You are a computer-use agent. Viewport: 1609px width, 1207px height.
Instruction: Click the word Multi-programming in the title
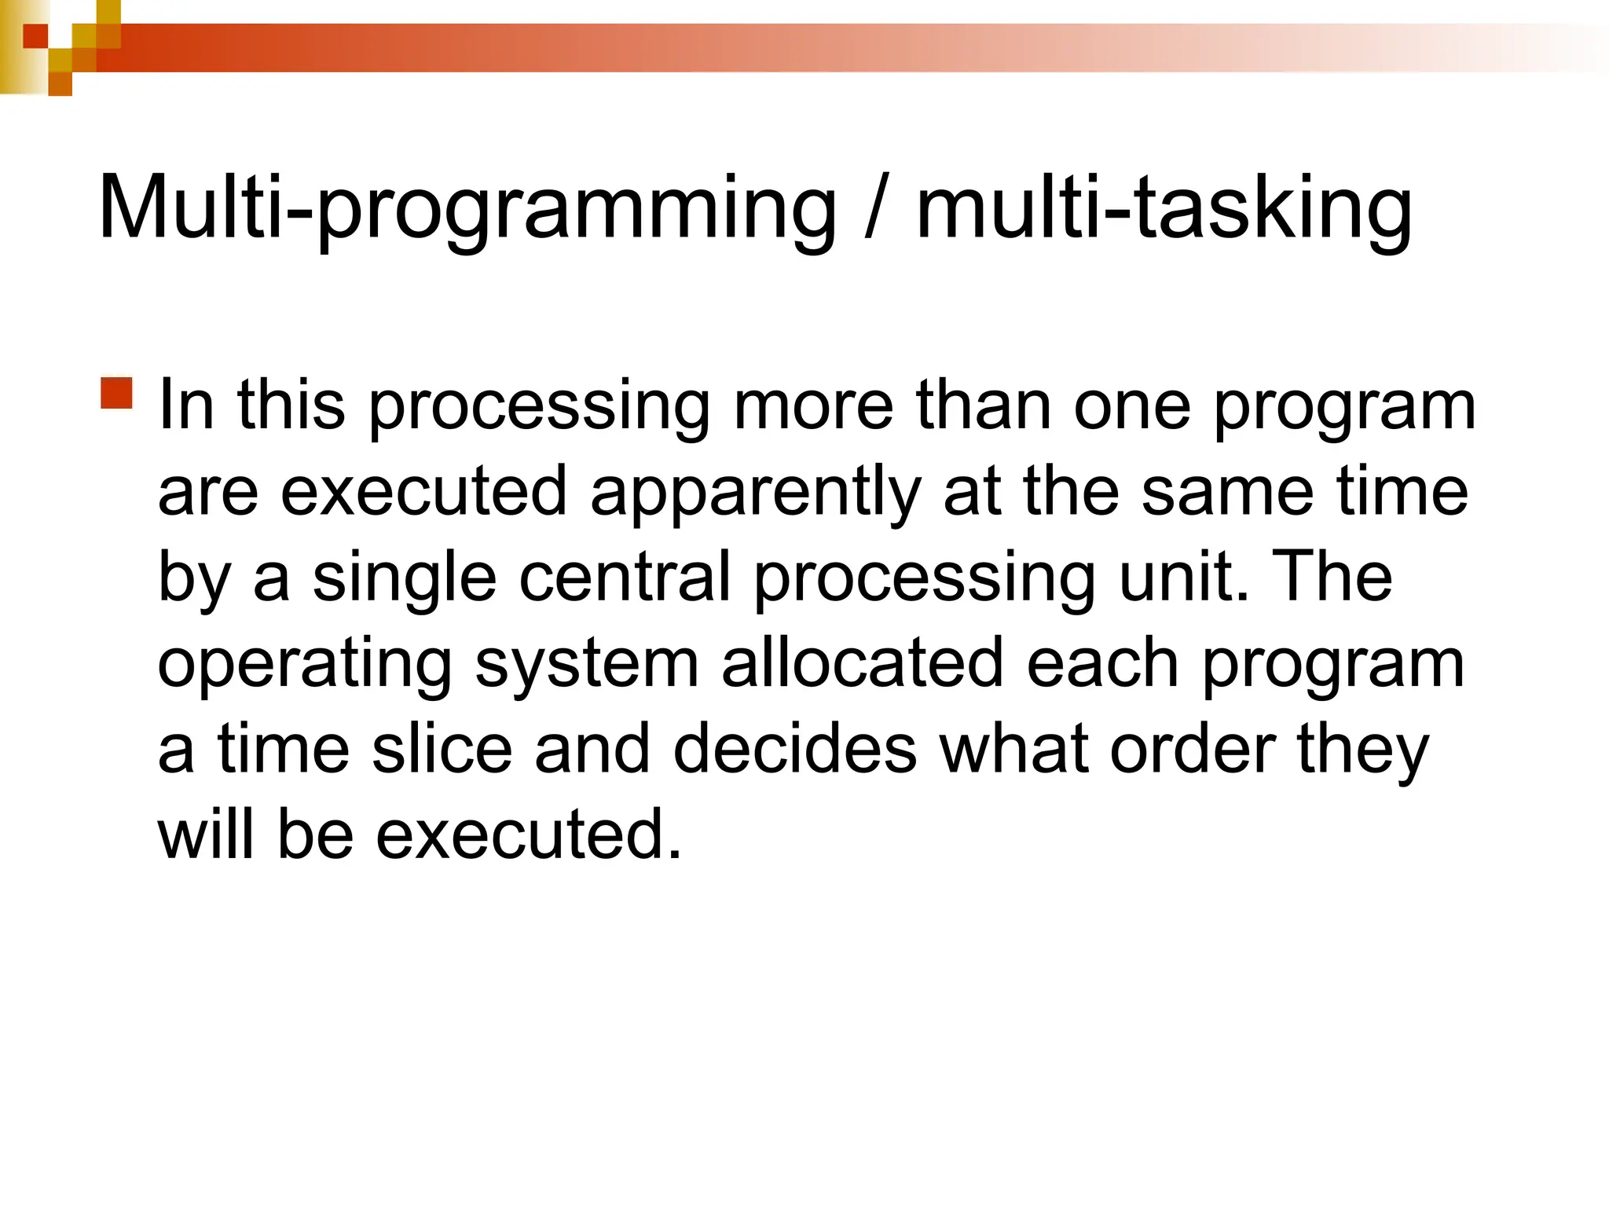pos(467,209)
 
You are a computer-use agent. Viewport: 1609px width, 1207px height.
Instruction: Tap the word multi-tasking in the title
pos(1164,209)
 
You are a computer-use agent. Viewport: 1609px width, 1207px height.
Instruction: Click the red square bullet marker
pos(117,393)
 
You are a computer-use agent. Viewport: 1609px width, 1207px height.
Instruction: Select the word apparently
pos(755,493)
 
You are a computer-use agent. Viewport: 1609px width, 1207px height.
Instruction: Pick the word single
pos(405,580)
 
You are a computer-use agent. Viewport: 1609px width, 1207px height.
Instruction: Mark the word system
pos(587,664)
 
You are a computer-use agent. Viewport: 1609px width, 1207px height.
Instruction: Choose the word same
pos(1227,492)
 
